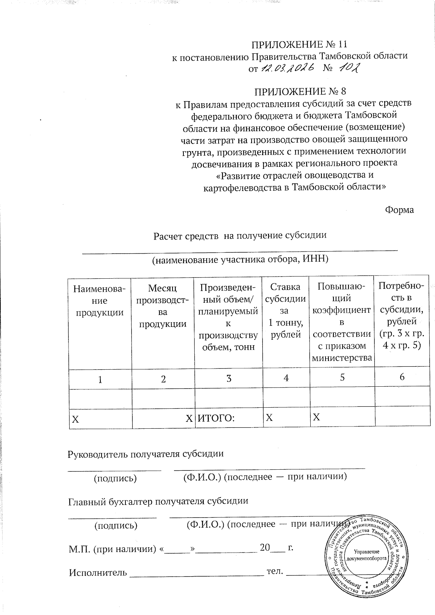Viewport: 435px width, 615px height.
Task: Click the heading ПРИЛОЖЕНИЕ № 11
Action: (299, 45)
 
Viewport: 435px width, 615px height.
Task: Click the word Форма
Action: (399, 210)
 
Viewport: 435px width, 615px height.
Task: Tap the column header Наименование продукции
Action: (100, 301)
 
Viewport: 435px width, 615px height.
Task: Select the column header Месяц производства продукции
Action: (163, 306)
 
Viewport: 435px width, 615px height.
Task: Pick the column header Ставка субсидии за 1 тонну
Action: (286, 311)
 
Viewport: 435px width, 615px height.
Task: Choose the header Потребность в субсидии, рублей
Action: (401, 316)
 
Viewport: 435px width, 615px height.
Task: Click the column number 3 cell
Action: (229, 378)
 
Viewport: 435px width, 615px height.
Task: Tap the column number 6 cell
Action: (402, 377)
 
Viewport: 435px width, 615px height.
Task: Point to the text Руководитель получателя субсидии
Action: (146, 454)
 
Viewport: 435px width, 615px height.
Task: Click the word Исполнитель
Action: (98, 573)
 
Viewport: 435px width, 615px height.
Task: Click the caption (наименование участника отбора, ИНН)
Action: (240, 259)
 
